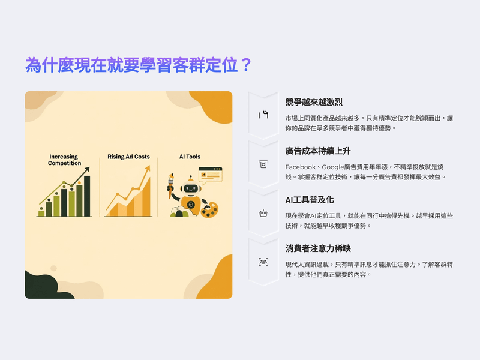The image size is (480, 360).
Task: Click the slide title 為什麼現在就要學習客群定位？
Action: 139,65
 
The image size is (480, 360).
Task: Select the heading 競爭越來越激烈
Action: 314,102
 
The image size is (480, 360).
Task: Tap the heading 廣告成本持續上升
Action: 318,151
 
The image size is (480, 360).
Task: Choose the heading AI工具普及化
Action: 310,200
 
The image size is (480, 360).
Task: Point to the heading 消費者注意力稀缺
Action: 318,248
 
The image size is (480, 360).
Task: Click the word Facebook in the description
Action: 301,167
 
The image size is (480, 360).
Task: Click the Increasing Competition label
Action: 64,160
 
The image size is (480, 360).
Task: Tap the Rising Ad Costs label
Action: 128,157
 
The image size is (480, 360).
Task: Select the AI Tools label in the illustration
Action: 190,157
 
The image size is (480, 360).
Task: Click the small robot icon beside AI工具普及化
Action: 263,214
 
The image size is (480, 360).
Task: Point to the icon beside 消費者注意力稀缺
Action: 263,262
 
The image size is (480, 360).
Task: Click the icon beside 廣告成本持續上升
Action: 263,164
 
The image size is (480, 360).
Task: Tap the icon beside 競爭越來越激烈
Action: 263,115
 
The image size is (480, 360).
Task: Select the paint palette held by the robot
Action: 209,209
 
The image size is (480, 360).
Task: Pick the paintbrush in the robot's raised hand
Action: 170,185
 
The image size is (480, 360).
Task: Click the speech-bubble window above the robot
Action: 211,175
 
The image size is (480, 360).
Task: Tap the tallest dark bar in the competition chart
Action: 87,196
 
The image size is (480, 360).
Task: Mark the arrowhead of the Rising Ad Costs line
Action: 148,168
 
